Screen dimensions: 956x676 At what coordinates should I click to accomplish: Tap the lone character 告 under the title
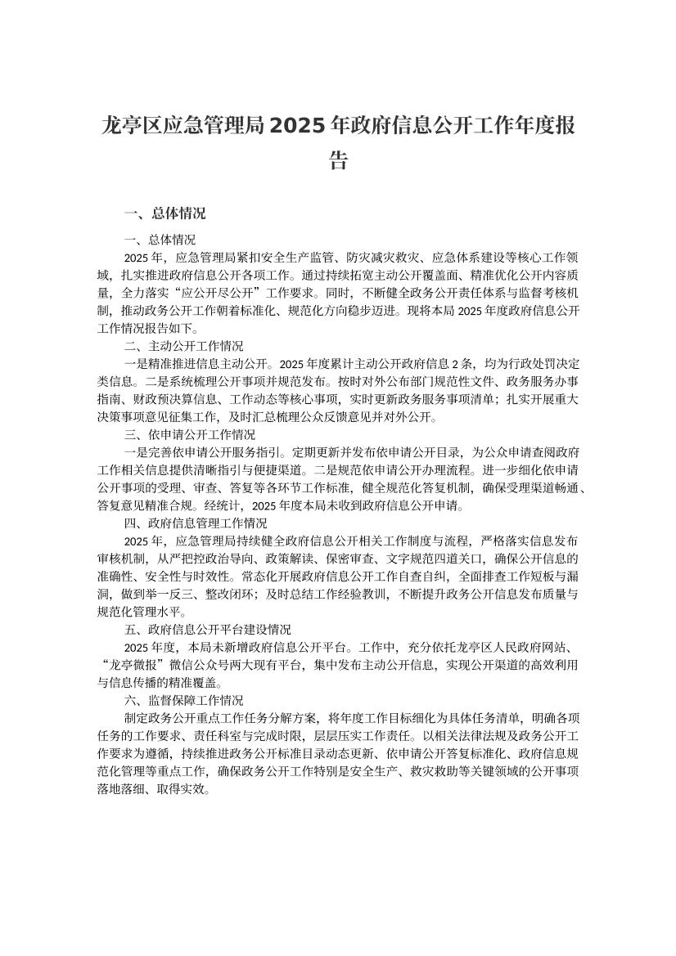(338, 160)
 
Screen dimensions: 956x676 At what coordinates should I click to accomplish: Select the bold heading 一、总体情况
(164, 214)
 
